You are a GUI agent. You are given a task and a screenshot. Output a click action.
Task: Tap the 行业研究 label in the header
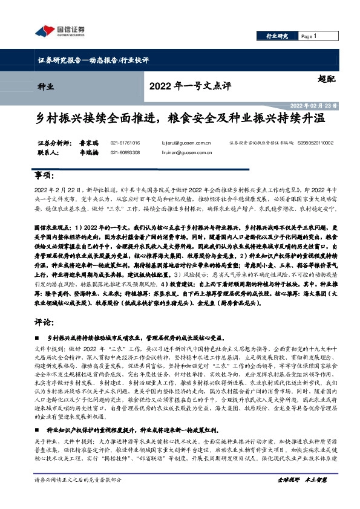tap(278, 36)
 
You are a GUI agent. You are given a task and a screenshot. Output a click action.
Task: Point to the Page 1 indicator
tap(309, 36)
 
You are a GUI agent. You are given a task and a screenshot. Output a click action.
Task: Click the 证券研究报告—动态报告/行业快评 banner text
tap(90, 60)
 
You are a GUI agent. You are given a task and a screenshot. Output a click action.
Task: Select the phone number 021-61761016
tap(125, 143)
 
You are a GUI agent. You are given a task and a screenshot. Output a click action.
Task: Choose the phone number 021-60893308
tap(125, 153)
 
